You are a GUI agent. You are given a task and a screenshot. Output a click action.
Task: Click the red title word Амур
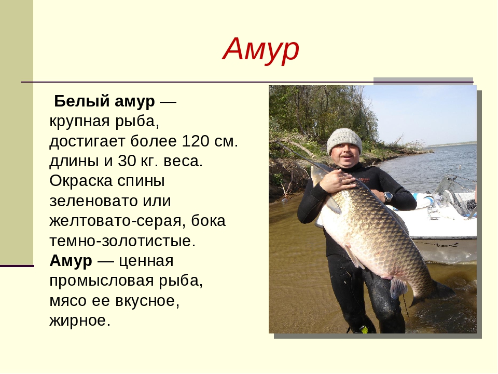tap(261, 49)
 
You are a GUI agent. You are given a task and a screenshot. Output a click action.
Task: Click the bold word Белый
tap(82, 101)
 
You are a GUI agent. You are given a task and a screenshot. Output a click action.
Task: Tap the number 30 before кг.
tap(127, 161)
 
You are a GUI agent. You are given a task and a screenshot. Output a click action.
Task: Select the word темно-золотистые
tap(122, 241)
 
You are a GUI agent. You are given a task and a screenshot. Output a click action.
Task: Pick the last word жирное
tap(80, 320)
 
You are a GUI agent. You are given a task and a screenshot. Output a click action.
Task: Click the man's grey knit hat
tap(344, 141)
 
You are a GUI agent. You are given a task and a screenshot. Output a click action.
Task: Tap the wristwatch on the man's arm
tap(388, 197)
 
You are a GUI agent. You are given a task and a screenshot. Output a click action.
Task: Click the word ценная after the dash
tap(146, 261)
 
